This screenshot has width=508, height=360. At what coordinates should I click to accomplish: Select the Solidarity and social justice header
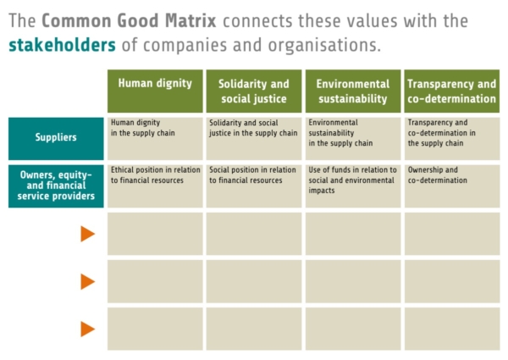pyautogui.click(x=254, y=91)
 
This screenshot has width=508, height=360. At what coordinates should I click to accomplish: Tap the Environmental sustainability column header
pyautogui.click(x=352, y=91)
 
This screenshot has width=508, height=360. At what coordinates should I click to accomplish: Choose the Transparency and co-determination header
pyautogui.click(x=451, y=91)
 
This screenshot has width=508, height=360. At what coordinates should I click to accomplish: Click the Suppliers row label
pyautogui.click(x=55, y=138)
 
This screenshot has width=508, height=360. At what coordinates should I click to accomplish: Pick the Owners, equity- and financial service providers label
pyautogui.click(x=55, y=186)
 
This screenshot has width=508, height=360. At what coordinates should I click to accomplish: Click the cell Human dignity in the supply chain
pyautogui.click(x=155, y=138)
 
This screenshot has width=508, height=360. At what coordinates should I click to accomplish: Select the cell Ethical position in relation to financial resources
pyautogui.click(x=155, y=186)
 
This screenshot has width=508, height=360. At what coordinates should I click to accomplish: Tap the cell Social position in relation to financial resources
pyautogui.click(x=254, y=186)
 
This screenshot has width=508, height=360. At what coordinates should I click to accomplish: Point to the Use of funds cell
pyautogui.click(x=352, y=186)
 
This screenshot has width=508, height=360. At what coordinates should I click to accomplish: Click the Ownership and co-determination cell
pyautogui.click(x=451, y=186)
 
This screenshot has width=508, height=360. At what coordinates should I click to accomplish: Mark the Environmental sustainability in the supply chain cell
pyautogui.click(x=352, y=138)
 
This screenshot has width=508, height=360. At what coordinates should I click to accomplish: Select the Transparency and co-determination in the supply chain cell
pyautogui.click(x=451, y=138)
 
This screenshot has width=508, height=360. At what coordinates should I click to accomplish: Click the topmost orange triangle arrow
pyautogui.click(x=87, y=234)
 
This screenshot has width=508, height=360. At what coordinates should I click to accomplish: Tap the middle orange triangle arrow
pyautogui.click(x=87, y=281)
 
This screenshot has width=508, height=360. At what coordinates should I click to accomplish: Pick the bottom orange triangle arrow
pyautogui.click(x=87, y=329)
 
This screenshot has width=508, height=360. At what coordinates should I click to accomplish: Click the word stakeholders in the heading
pyautogui.click(x=63, y=44)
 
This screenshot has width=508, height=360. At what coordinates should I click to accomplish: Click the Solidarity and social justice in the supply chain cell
pyautogui.click(x=254, y=138)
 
